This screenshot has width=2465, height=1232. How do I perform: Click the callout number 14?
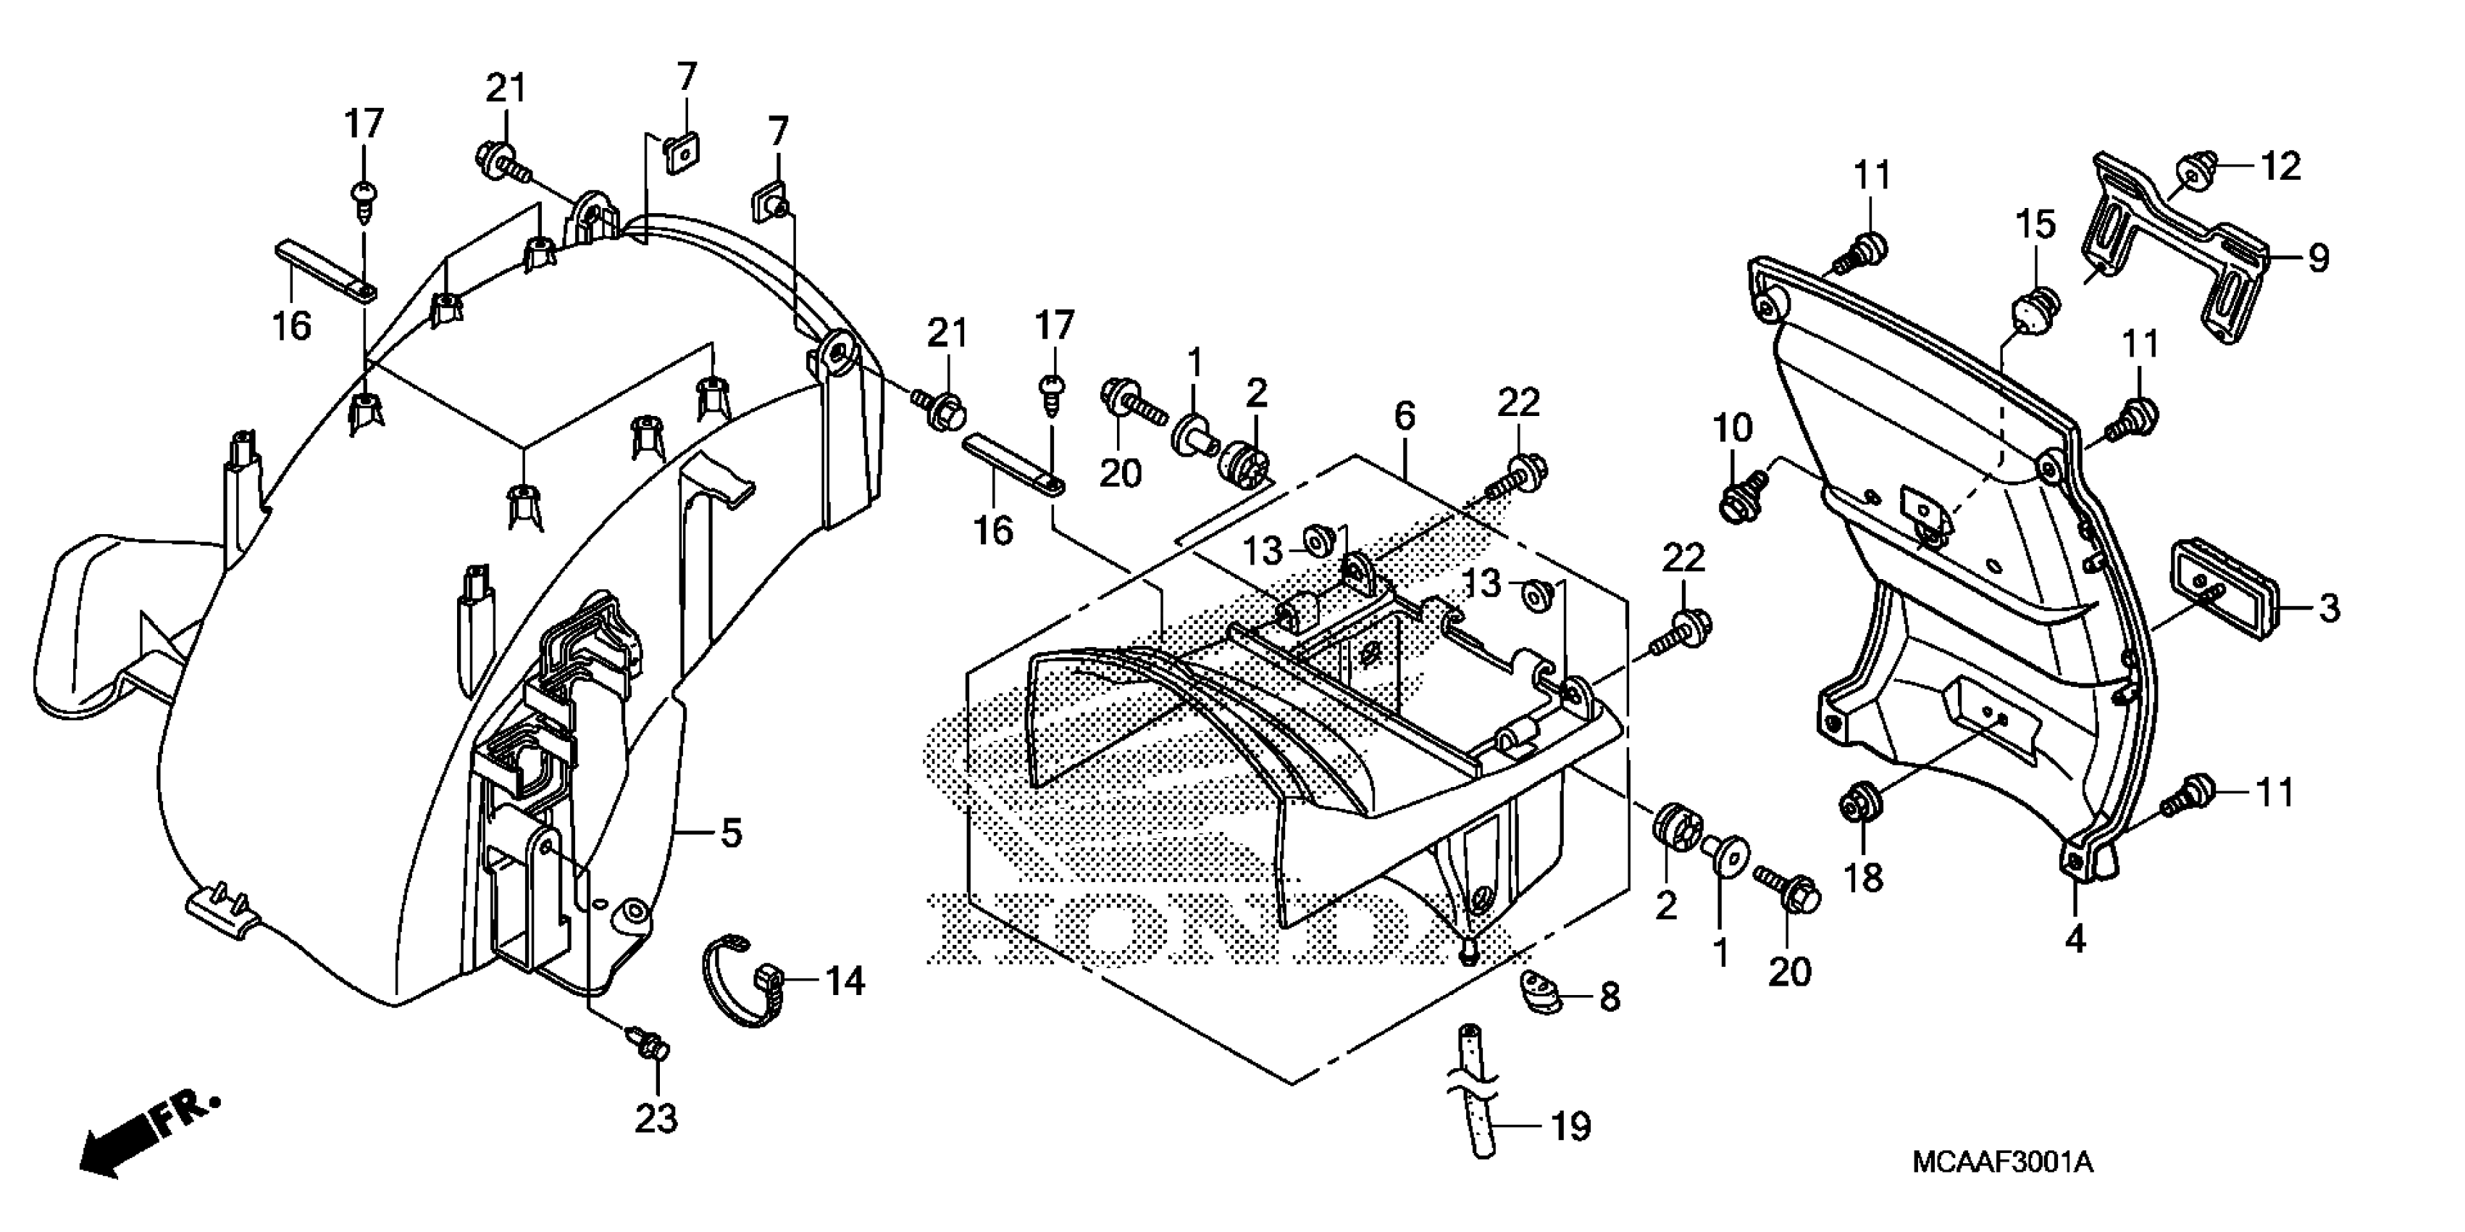(845, 981)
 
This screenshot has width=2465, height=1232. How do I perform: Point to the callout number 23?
(656, 1118)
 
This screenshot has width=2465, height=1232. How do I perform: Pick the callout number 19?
(1570, 1127)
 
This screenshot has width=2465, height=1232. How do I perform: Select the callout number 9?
(2318, 257)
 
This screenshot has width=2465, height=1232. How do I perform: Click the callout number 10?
(1732, 428)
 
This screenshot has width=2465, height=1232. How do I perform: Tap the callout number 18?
(1863, 877)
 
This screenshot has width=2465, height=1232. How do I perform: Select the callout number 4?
(2075, 940)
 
